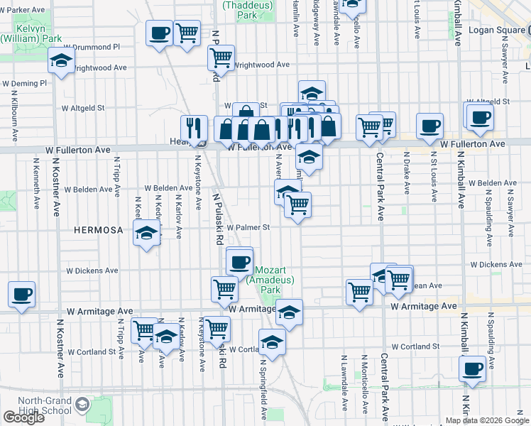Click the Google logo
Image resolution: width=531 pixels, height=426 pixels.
point(23,417)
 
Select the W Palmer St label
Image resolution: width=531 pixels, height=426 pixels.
point(248,228)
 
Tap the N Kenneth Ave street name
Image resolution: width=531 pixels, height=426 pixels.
point(35,182)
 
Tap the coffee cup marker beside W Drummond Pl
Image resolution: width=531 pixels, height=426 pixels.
point(159,33)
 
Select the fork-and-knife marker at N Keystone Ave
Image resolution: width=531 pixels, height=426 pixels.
point(194,129)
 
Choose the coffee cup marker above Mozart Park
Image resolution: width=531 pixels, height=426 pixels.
point(239,261)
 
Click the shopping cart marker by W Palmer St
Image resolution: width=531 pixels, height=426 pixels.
point(298,206)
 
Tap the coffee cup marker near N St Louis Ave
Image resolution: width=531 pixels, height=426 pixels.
point(429,126)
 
